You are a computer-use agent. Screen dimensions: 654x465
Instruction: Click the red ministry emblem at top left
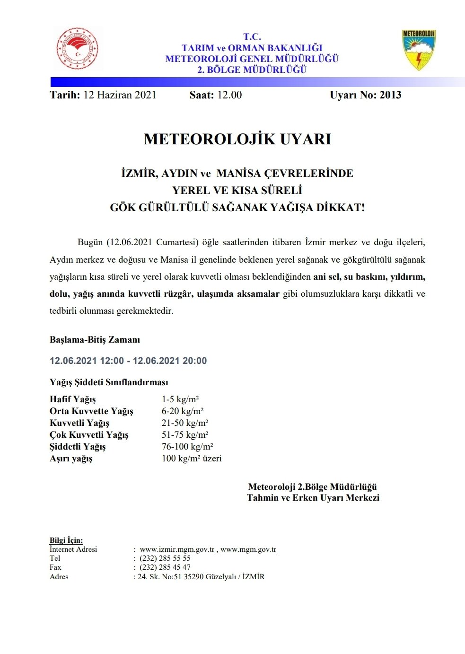77,49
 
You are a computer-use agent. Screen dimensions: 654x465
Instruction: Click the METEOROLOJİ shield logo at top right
418,50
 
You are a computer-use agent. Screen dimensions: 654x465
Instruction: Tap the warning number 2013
390,95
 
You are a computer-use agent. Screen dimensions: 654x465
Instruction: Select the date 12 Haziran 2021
120,95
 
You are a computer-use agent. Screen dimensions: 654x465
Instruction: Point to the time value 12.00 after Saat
229,95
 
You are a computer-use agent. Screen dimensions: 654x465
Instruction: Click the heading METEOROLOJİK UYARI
237,139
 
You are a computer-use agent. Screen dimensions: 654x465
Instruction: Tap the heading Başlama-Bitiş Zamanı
95,340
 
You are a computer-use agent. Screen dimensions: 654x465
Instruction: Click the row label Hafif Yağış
73,399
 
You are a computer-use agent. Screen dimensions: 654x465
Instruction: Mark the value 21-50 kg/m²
185,423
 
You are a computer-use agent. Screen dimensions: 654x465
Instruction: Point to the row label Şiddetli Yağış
78,447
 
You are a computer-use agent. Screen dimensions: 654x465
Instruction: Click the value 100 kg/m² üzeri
192,459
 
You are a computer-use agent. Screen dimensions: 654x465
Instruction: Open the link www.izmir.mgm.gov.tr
177,549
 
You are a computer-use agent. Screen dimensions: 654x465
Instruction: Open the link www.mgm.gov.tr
248,549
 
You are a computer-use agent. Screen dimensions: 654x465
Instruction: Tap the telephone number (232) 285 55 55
165,558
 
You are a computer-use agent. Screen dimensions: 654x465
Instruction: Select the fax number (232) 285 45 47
165,567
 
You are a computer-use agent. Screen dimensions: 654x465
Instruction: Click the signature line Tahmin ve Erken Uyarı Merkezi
313,498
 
